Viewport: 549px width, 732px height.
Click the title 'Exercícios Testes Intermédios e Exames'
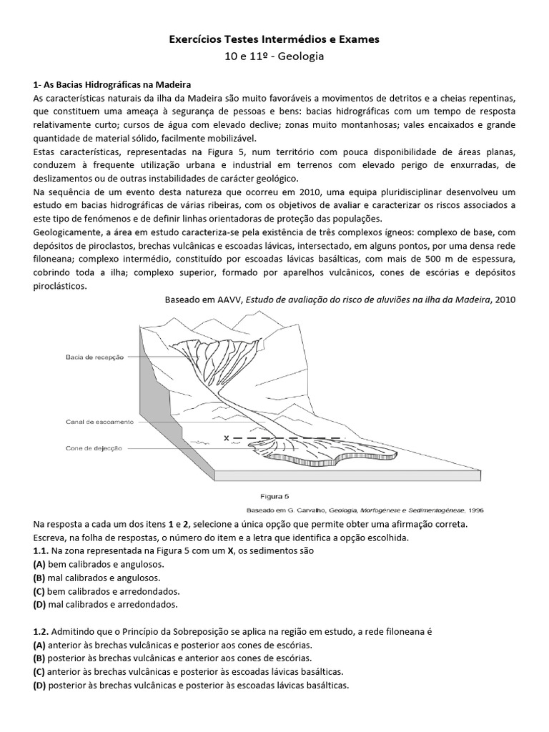[x=274, y=40]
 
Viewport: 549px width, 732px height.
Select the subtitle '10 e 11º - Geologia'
[x=274, y=56]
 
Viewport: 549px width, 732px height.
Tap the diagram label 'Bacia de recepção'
[x=94, y=356]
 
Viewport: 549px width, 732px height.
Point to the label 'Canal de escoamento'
[x=99, y=421]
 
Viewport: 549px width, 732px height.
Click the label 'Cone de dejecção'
[x=94, y=448]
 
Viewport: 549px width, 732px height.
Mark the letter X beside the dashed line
[x=227, y=437]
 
